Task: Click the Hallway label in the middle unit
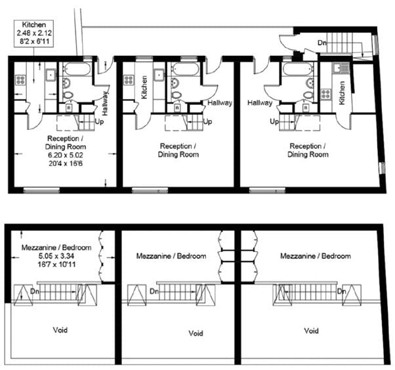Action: [219, 102]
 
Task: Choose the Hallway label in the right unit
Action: [260, 102]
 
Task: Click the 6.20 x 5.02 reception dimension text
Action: [66, 155]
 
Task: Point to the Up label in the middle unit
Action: [207, 121]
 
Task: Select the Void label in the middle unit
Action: [196, 334]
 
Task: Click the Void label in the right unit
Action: [311, 331]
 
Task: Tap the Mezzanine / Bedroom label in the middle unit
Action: [171, 256]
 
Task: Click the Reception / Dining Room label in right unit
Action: [308, 150]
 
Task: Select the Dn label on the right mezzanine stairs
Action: [341, 290]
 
